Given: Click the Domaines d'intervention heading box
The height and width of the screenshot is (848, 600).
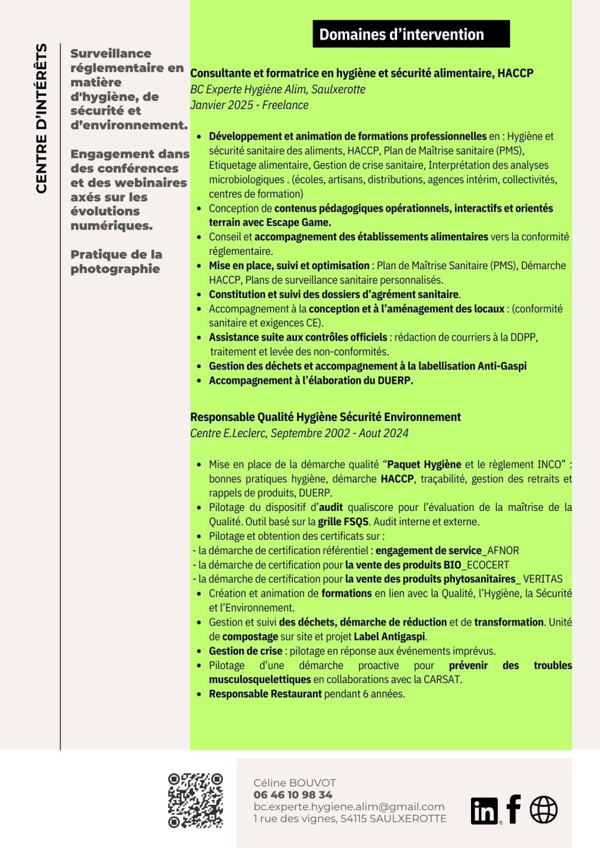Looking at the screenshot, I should (x=411, y=34).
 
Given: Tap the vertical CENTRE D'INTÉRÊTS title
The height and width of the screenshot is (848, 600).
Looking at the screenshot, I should (x=41, y=119).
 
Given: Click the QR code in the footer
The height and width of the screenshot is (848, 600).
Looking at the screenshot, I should (x=195, y=801).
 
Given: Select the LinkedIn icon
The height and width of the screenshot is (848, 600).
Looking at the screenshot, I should (x=485, y=811).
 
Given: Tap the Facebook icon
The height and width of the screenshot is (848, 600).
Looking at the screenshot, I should (x=514, y=809).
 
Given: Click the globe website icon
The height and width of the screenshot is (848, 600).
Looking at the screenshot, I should (x=544, y=810).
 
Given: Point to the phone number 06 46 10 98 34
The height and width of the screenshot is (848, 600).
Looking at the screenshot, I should (x=293, y=795).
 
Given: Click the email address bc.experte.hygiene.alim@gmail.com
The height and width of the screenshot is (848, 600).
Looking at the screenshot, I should (x=349, y=807).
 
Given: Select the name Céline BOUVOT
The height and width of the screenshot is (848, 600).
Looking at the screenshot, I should (x=295, y=783).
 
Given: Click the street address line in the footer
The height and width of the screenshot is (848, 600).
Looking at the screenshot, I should (x=350, y=819).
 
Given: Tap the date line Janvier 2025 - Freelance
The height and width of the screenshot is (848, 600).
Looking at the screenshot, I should (x=249, y=105).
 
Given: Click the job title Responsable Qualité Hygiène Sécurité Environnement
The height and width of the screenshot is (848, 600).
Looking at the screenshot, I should (x=325, y=417).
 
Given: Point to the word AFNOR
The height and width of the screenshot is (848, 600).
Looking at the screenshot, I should (x=503, y=551).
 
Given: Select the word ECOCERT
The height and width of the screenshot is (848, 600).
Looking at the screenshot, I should (x=488, y=565).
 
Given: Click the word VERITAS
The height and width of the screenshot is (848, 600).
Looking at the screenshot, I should (x=543, y=579).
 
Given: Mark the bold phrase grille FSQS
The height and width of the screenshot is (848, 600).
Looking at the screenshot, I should (x=343, y=522).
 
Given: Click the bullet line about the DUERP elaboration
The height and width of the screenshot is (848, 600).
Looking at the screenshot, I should (x=311, y=381).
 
